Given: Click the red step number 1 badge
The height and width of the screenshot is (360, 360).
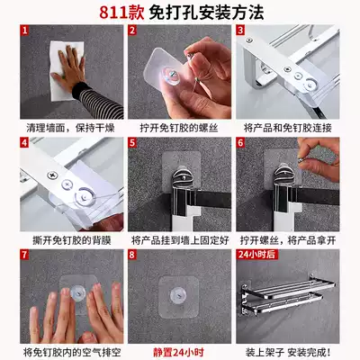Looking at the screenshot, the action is [x=24, y=30].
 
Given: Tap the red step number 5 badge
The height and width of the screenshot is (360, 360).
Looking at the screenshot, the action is [x=132, y=142].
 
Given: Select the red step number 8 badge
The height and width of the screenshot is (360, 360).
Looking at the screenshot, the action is [x=132, y=255].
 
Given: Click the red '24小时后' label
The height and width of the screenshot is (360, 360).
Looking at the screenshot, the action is [x=256, y=255].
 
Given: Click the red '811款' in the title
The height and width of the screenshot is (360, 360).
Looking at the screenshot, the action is [x=122, y=13].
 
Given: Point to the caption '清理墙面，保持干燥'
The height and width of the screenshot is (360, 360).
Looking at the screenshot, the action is [x=71, y=128].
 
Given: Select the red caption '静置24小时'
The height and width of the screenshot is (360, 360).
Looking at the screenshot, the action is [x=179, y=352].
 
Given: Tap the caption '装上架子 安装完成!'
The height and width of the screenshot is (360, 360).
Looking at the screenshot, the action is [x=288, y=352].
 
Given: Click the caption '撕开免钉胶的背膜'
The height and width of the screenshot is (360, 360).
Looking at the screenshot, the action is [x=72, y=240].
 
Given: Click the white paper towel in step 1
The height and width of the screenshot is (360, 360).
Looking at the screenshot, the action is [x=67, y=70].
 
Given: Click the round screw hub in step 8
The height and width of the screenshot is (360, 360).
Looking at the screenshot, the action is [x=178, y=295].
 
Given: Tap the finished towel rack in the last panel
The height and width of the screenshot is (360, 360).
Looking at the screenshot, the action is [x=287, y=295].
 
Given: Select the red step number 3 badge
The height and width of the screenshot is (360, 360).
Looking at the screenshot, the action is [x=240, y=30].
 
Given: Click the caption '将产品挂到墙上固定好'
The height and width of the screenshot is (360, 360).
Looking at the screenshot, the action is [x=180, y=240].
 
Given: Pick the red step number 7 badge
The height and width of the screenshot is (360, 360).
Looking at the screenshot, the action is [x=24, y=255].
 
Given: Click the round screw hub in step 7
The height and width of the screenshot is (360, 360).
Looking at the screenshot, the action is [x=77, y=292].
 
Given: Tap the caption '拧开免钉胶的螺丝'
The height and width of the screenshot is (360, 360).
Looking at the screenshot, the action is [x=179, y=128].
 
